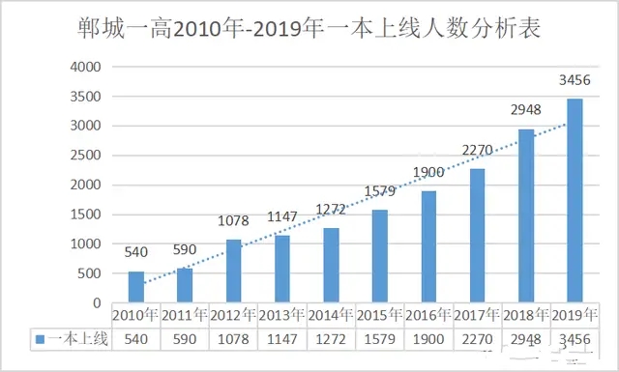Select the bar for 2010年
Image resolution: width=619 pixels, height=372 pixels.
(x=135, y=287)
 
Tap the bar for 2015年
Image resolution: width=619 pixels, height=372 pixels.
(x=379, y=256)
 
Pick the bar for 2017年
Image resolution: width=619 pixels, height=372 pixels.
(x=477, y=236)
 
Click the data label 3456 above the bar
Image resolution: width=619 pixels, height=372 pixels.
(x=575, y=80)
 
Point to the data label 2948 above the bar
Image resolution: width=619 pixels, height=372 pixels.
(x=525, y=111)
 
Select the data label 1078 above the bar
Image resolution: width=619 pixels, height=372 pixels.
(x=233, y=222)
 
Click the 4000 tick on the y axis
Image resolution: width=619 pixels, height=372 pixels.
(x=84, y=67)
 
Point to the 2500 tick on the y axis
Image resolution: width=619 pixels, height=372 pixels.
(x=84, y=156)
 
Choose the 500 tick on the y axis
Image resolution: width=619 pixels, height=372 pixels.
(x=89, y=273)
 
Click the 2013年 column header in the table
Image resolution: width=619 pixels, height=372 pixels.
(x=281, y=315)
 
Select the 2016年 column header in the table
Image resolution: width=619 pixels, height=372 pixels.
(x=428, y=315)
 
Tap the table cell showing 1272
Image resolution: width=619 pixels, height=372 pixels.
(x=331, y=338)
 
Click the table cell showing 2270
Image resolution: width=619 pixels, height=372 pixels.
(x=477, y=338)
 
